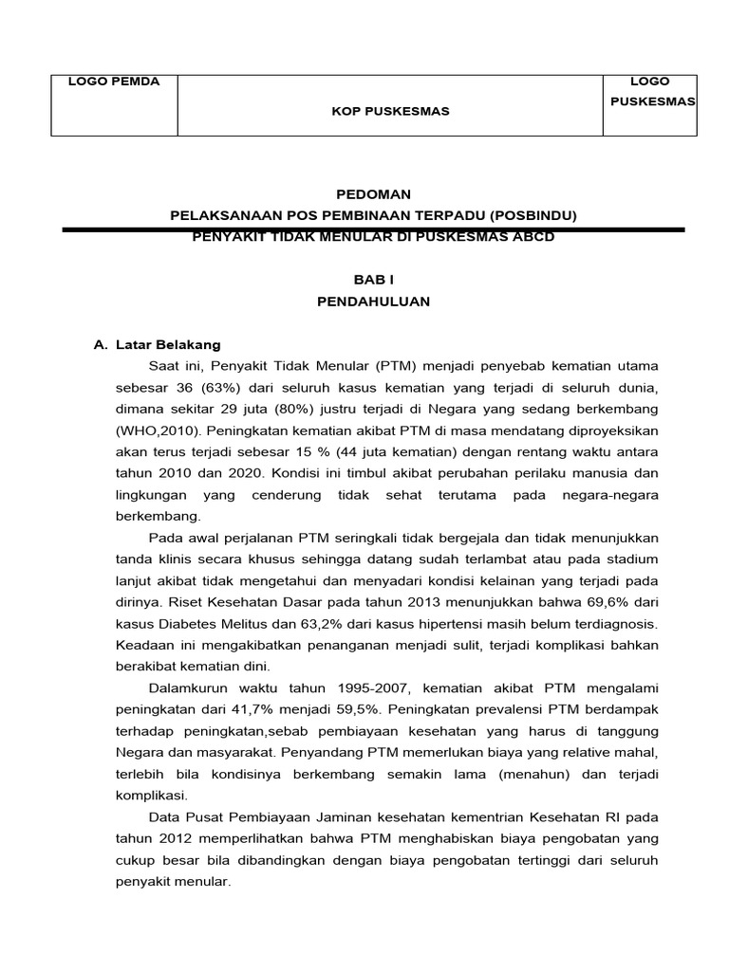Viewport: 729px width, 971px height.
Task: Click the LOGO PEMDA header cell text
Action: tap(113, 82)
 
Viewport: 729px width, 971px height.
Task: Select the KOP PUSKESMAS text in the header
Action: tap(389, 111)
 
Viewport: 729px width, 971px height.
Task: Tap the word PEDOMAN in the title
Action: tap(372, 194)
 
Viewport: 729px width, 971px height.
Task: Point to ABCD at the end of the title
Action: tap(532, 237)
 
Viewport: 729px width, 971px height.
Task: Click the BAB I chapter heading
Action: tap(372, 281)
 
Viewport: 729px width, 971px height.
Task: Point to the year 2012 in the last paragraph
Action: tap(169, 838)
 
